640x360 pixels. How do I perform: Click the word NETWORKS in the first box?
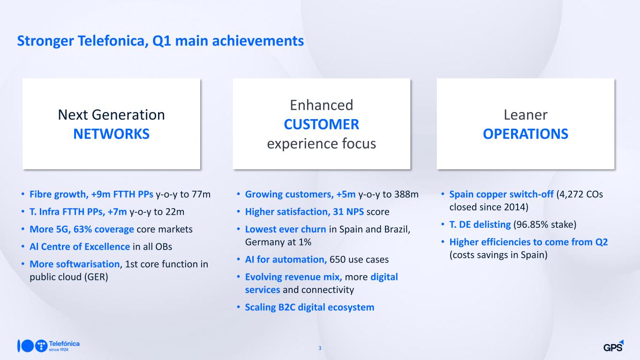(x=112, y=134)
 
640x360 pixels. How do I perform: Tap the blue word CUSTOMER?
(x=322, y=124)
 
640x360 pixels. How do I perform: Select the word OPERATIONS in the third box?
(x=526, y=134)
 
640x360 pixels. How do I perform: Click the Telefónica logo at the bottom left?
(x=48, y=346)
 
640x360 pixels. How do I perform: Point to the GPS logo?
(x=613, y=346)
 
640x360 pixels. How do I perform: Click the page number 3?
(x=320, y=348)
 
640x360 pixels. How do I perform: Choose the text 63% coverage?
(x=104, y=229)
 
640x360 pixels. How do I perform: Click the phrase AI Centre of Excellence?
(x=80, y=247)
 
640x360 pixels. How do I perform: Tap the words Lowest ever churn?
(x=286, y=229)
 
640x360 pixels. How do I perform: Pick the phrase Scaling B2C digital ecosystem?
(x=310, y=307)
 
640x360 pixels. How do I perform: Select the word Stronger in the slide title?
(x=45, y=41)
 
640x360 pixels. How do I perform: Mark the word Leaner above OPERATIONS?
(x=526, y=115)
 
